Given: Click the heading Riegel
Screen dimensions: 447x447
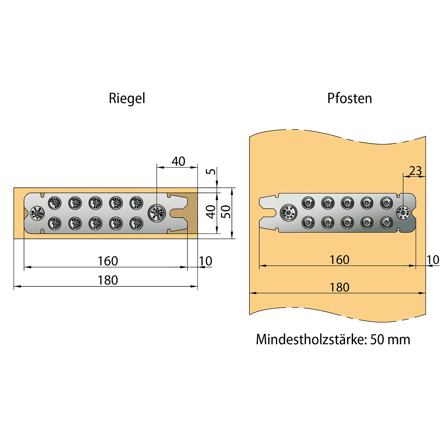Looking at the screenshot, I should coord(127,99).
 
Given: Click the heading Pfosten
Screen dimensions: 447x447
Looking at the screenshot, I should coord(349,99).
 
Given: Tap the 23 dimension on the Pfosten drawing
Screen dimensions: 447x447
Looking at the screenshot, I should coord(415,171).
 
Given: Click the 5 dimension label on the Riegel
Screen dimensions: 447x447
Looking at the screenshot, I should coord(211,171).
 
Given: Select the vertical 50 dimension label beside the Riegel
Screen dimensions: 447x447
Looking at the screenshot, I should coord(226,212).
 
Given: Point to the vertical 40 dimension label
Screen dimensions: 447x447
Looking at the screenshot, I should coord(211,212).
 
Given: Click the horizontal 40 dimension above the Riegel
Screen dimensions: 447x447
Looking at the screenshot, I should coord(178,161).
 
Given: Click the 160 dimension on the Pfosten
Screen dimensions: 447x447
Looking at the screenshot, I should coord(339,260).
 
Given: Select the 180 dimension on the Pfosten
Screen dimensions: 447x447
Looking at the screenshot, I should coord(339,287).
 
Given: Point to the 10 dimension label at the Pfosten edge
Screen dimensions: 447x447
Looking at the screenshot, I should coord(433,260).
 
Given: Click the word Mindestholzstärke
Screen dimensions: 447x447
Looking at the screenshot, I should coord(310,340).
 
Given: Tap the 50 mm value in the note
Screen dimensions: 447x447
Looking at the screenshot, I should coord(390,340).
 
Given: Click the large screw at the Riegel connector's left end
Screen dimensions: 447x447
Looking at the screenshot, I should coord(37,213).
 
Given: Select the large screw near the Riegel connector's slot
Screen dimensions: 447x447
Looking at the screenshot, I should coord(157,213).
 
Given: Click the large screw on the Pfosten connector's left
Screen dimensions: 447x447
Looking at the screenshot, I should coord(288,213).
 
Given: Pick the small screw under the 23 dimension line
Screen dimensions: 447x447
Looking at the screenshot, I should coord(403,213).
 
